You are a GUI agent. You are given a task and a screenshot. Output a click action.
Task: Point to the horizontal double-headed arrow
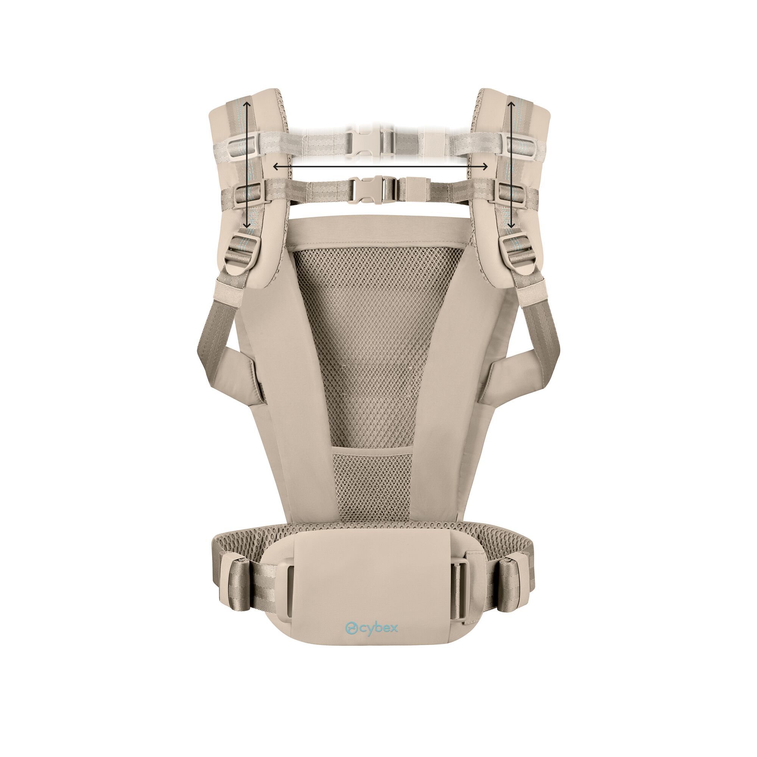[x=380, y=167]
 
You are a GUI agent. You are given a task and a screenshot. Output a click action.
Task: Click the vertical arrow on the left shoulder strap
[x=246, y=165]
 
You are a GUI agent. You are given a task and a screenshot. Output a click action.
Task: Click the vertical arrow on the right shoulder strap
[x=511, y=165]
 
